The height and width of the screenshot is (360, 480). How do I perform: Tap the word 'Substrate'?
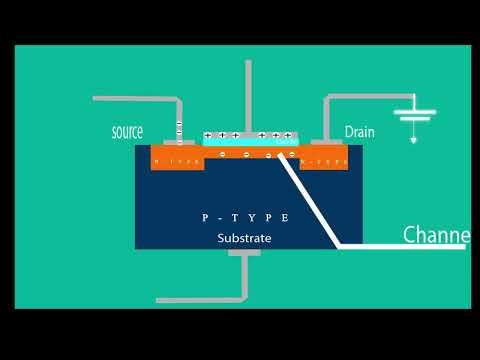[245, 238]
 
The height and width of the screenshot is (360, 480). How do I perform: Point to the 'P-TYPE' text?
[245, 217]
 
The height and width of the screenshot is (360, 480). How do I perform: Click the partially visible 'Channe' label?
[436, 236]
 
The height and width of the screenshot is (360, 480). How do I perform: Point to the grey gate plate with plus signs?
[249, 135]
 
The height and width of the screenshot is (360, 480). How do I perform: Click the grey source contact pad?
[177, 143]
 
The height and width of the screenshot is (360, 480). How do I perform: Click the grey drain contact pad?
[324, 143]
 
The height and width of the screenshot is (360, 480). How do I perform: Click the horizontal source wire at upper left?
[135, 99]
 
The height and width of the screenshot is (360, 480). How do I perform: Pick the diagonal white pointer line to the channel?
[310, 200]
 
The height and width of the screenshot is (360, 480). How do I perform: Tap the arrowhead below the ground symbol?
[412, 140]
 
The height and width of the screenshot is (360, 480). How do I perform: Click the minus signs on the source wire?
[179, 130]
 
